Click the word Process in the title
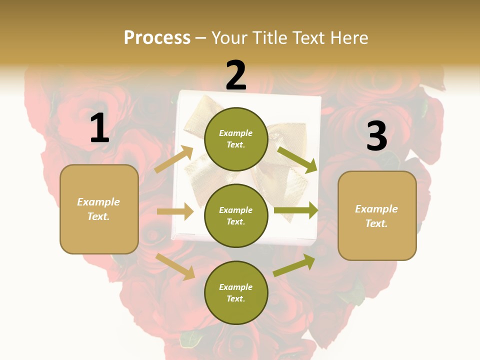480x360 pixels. click(157, 37)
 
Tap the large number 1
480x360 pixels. click(99, 128)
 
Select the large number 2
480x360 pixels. click(236, 75)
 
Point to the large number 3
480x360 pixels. click(376, 136)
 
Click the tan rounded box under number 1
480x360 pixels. click(99, 209)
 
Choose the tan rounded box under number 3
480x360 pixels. click(377, 215)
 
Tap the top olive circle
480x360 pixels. click(236, 138)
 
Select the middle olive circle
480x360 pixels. click(236, 215)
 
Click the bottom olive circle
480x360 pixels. click(236, 292)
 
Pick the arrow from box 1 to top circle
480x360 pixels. click(174, 159)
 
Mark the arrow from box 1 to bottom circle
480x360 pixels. click(175, 266)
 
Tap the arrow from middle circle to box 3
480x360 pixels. click(295, 210)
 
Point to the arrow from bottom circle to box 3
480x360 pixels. click(294, 264)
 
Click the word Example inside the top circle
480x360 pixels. click(236, 133)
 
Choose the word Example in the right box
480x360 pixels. click(376, 209)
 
